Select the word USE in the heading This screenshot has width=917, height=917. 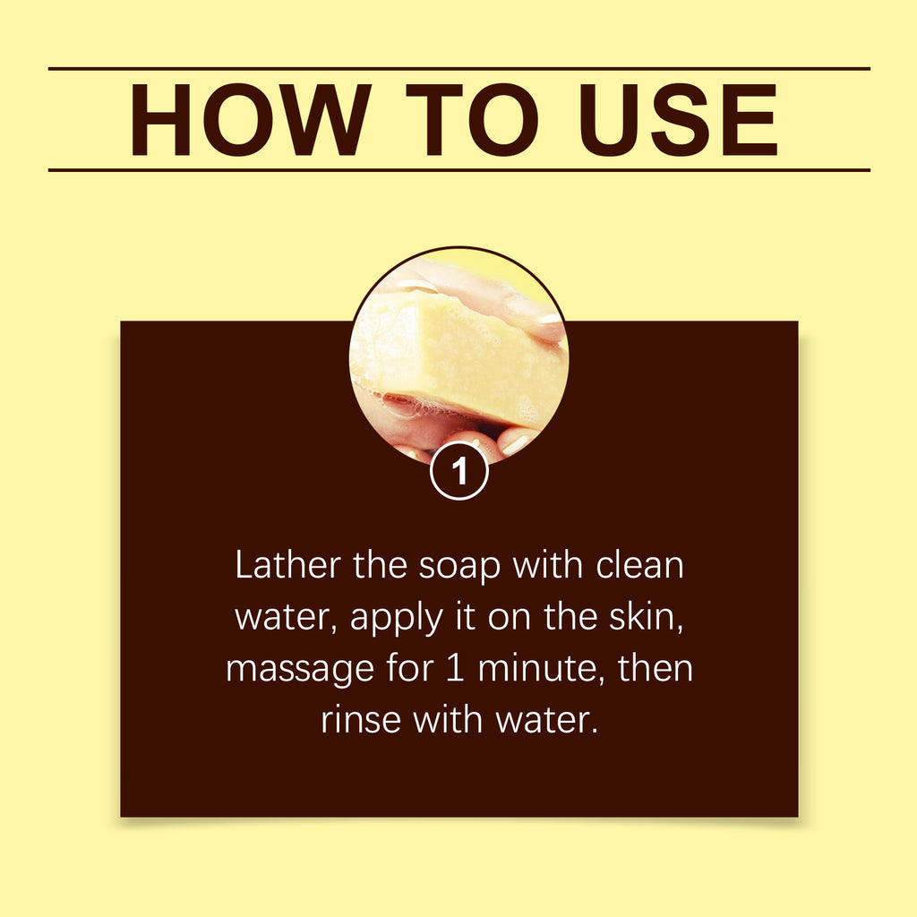coord(679,120)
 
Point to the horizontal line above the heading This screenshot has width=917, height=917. coord(458,68)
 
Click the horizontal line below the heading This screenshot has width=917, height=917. coord(458,169)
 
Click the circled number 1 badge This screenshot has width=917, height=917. coord(459,471)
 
